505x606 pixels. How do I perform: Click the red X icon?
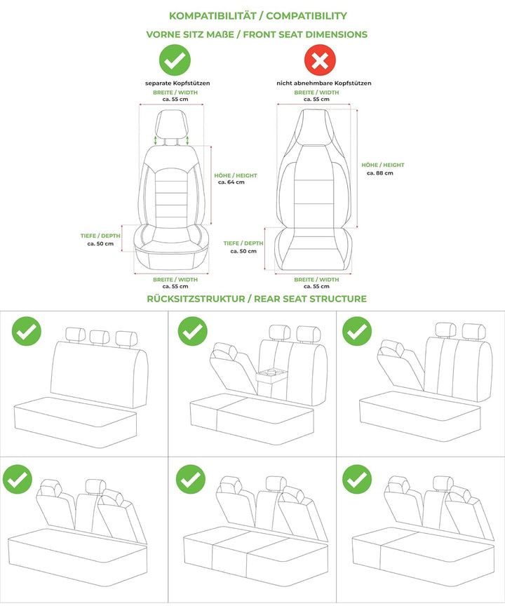[x=320, y=60]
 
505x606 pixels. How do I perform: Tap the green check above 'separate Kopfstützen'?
[x=175, y=60]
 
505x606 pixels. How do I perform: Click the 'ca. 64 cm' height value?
[x=231, y=182]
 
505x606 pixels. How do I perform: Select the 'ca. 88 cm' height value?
[x=380, y=173]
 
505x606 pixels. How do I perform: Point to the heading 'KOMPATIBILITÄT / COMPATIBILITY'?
[x=257, y=16]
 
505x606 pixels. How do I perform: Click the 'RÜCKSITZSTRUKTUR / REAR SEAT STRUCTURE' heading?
[x=257, y=299]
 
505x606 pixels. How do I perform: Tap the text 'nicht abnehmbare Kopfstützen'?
[x=324, y=83]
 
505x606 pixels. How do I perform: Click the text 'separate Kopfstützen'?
[x=177, y=83]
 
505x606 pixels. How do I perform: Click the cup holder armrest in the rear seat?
[x=273, y=376]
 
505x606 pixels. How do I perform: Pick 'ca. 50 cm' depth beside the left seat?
[x=100, y=244]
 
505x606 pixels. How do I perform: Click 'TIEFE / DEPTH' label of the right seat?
[x=243, y=243]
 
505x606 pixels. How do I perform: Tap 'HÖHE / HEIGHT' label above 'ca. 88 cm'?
[x=383, y=165]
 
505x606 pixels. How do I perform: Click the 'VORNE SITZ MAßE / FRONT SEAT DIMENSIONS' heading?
[x=257, y=34]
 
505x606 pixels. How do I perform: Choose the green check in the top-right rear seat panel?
[x=357, y=331]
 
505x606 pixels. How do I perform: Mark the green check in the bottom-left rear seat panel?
[x=18, y=479]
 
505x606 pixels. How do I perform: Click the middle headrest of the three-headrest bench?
[x=100, y=337]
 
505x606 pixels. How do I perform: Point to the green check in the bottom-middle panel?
[x=191, y=479]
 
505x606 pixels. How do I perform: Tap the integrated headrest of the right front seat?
[x=314, y=128]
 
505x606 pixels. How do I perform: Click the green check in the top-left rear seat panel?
[x=26, y=331]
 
